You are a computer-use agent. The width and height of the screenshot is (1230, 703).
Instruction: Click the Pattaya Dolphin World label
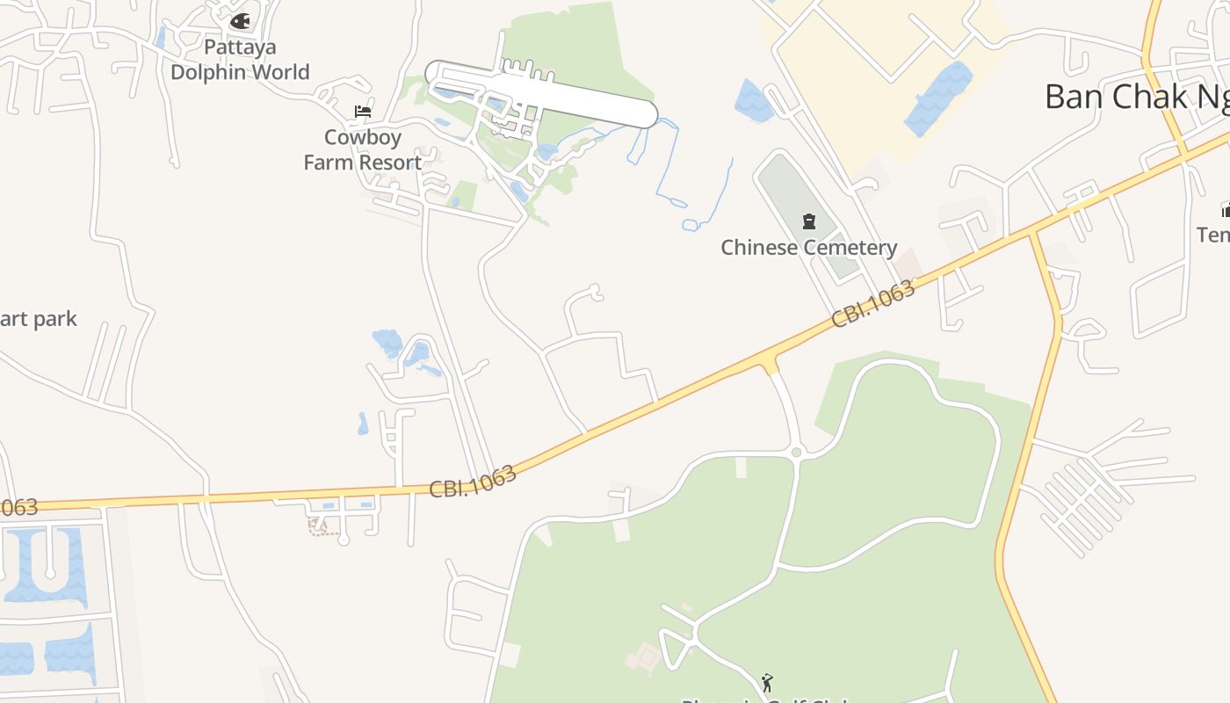[x=240, y=59]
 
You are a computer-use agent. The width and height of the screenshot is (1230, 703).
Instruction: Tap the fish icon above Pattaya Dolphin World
[x=240, y=20]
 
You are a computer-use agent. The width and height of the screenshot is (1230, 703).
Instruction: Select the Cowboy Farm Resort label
[x=363, y=149]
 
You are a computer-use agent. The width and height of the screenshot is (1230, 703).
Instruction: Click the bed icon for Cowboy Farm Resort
[x=363, y=112]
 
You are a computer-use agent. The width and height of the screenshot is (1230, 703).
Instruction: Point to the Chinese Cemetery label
[x=808, y=248]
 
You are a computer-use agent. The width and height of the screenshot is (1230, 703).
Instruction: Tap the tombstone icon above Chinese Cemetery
[x=809, y=221]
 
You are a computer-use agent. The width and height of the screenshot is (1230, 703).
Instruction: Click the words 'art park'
[x=39, y=319]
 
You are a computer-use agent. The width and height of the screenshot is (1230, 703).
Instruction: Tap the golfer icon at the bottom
[x=767, y=682]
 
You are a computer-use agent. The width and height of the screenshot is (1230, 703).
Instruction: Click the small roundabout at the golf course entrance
[x=797, y=453]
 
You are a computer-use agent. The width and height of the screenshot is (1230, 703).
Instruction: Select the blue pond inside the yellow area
[x=939, y=98]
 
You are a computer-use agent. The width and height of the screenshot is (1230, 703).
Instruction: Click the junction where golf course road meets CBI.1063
[x=771, y=361]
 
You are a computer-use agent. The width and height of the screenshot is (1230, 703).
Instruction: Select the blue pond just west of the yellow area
[x=753, y=100]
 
